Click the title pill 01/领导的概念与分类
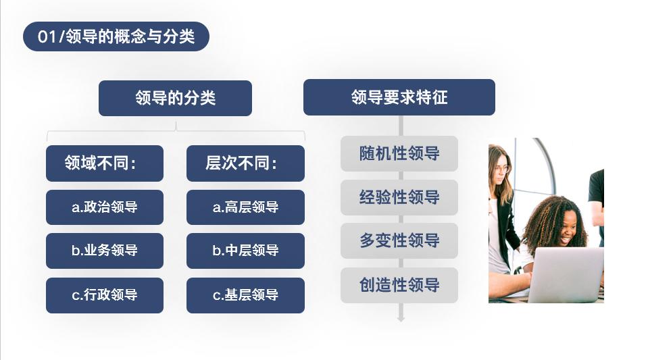pos(116,36)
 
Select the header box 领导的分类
pos(175,98)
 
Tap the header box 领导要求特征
pos(399,97)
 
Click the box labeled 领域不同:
pos(105,163)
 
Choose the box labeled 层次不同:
pos(245,163)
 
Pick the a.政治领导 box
pos(105,207)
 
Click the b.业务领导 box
pos(105,251)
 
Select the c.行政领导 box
pos(105,295)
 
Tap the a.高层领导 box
pos(245,207)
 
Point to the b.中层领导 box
pos(245,251)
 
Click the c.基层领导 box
pos(245,295)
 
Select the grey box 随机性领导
pos(399,153)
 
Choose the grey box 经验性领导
pos(399,197)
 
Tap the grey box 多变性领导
pos(399,240)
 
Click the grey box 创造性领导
pos(399,285)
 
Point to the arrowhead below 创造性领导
pos(401,319)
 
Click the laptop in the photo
pos(566,275)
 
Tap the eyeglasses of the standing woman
pos(501,169)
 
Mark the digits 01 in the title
pos(46,36)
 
